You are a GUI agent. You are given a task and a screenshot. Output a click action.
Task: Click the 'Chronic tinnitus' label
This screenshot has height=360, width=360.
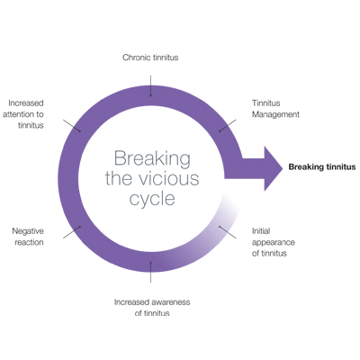tap(150, 58)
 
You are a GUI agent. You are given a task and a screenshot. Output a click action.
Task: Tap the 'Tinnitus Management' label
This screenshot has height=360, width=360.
tap(275, 109)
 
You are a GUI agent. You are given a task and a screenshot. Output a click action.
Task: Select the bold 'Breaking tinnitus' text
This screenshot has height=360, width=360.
tap(322, 167)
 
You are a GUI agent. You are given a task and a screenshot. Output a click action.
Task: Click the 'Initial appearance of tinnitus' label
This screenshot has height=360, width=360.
tap(274, 242)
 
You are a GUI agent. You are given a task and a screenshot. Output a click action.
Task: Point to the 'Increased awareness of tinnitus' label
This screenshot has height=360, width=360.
tap(152, 307)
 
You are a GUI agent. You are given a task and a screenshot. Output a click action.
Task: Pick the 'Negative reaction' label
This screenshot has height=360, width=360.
tap(28, 237)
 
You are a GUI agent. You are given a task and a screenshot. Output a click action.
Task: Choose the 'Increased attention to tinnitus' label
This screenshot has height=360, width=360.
tap(23, 114)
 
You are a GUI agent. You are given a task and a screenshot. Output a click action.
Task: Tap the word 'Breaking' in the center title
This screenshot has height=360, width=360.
tap(152, 158)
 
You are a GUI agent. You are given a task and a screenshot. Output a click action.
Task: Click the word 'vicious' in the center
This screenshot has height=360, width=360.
tap(169, 178)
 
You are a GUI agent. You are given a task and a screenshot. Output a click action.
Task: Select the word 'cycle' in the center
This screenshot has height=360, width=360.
tap(152, 199)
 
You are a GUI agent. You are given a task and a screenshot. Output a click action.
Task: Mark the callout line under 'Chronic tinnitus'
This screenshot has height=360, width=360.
tap(150, 85)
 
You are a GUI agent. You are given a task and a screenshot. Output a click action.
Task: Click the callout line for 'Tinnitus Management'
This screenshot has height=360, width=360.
tap(228, 125)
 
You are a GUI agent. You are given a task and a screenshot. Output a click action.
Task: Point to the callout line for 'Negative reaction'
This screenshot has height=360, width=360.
tap(72, 232)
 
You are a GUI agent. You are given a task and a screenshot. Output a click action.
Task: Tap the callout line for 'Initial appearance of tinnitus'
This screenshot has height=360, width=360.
tap(228, 232)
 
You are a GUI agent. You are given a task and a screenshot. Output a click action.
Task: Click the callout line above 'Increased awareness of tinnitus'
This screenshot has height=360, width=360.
tap(150, 272)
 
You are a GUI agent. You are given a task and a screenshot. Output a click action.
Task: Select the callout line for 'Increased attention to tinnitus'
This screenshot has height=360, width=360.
tap(72, 125)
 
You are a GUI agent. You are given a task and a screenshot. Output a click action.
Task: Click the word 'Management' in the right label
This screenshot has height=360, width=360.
tap(275, 114)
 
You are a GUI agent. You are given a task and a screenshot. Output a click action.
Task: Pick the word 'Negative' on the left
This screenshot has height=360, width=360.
tap(28, 231)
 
